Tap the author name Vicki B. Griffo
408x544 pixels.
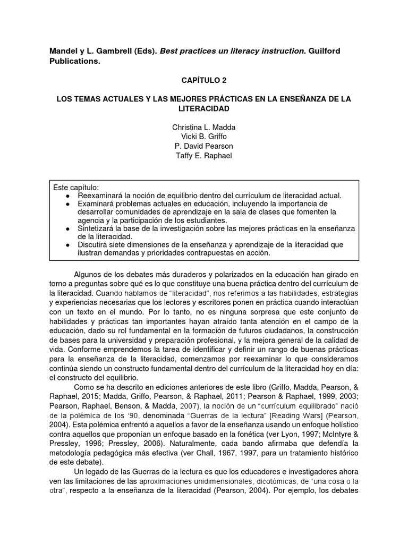(x=203, y=137)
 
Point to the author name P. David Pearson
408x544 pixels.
(x=203, y=146)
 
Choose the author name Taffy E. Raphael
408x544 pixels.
(x=203, y=156)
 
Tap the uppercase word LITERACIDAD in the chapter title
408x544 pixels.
(x=203, y=108)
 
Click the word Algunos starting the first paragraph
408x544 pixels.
(x=88, y=274)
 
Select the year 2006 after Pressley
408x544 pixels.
(x=148, y=444)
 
